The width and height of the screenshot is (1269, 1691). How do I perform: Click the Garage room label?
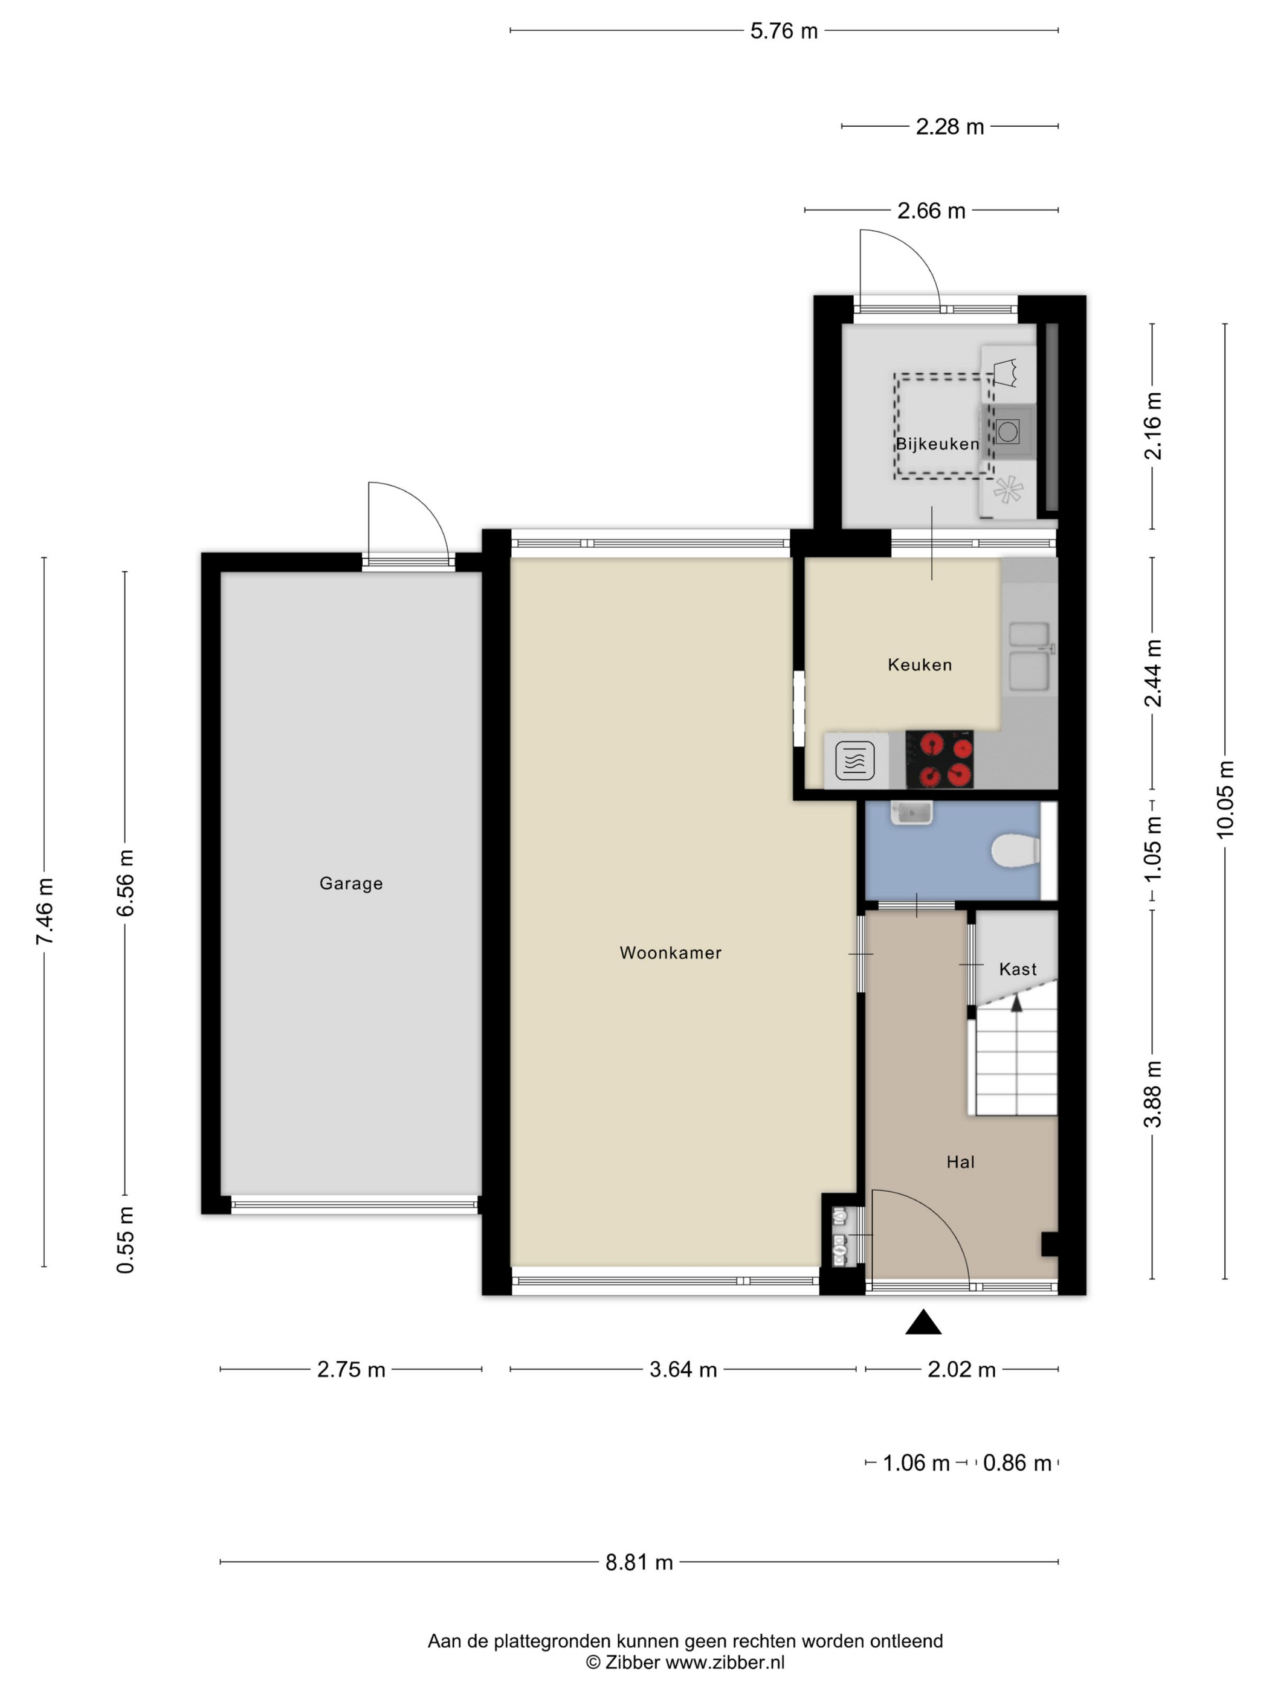pyautogui.click(x=350, y=883)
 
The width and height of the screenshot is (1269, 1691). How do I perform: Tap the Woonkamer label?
pyautogui.click(x=670, y=952)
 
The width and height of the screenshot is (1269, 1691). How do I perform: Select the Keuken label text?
pyautogui.click(x=920, y=664)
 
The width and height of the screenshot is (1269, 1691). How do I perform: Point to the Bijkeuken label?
pyautogui.click(x=937, y=443)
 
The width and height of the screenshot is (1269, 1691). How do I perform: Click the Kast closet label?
pyautogui.click(x=1018, y=969)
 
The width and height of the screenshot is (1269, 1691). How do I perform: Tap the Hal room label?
pyautogui.click(x=960, y=1162)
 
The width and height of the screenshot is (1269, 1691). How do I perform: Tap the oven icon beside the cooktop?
pyautogui.click(x=855, y=760)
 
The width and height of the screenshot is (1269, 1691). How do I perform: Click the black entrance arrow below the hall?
pyautogui.click(x=923, y=1322)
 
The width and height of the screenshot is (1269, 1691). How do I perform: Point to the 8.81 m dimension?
pyautogui.click(x=639, y=1562)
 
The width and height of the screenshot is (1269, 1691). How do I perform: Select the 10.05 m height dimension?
pyautogui.click(x=1225, y=800)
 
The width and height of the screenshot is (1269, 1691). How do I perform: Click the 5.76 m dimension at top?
pyautogui.click(x=784, y=31)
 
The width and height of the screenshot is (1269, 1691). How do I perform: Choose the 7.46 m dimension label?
pyautogui.click(x=44, y=911)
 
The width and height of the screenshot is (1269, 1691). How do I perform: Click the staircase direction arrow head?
pyautogui.click(x=1016, y=1004)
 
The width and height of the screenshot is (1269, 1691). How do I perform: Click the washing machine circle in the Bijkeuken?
pyautogui.click(x=1007, y=432)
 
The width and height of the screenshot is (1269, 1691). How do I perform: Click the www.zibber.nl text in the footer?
pyautogui.click(x=725, y=1661)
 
